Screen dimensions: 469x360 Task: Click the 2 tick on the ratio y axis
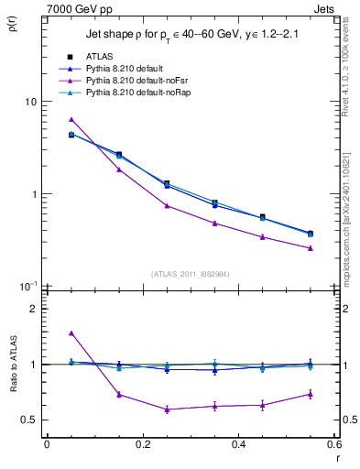(x=31, y=309)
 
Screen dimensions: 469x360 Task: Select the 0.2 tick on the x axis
(x=142, y=444)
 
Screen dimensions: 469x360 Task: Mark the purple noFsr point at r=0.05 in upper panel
(x=71, y=119)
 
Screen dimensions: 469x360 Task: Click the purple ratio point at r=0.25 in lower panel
(x=167, y=409)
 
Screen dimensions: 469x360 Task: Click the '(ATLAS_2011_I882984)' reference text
(x=190, y=274)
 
